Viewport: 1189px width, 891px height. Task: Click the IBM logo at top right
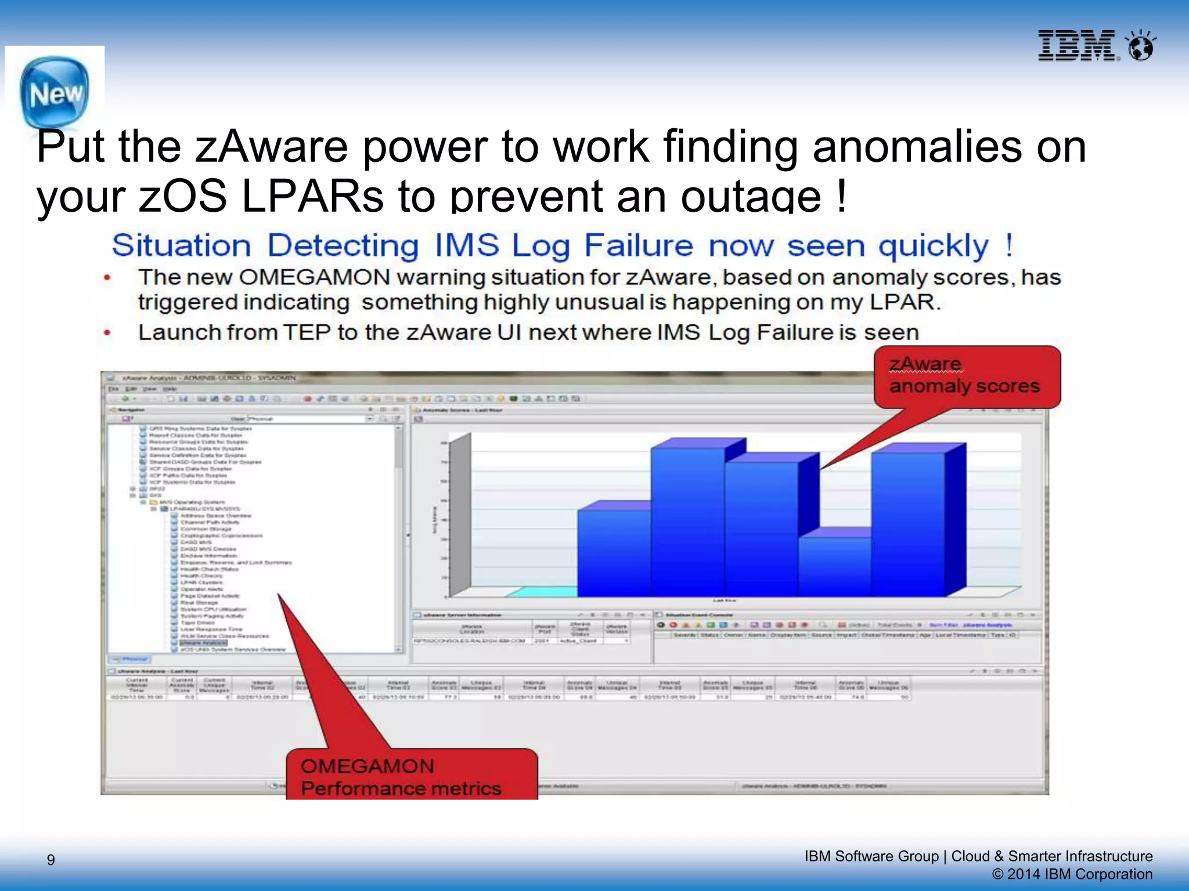click(1078, 46)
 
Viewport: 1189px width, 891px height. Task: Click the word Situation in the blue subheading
click(181, 245)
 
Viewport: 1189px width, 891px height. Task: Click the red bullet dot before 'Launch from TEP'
click(107, 332)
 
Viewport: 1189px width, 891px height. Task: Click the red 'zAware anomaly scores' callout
click(967, 376)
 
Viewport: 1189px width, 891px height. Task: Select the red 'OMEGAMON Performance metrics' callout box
click(411, 776)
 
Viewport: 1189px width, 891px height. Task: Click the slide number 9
click(51, 860)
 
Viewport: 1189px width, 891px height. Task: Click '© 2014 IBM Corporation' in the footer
click(1072, 874)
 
